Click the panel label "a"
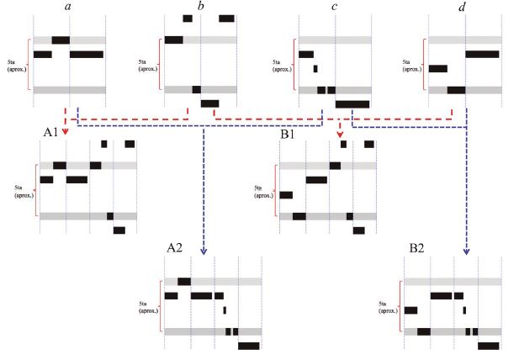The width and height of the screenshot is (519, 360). coord(66,8)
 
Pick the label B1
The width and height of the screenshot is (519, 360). coord(289,132)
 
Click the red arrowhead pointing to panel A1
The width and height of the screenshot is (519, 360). coord(65,130)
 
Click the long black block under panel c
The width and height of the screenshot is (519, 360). coord(352,103)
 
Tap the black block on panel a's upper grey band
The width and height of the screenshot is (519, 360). coord(61,40)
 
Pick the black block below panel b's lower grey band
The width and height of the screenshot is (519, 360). coord(209,103)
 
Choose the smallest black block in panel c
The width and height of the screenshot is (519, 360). coord(315,68)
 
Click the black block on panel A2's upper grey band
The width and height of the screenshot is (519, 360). coord(184,281)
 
